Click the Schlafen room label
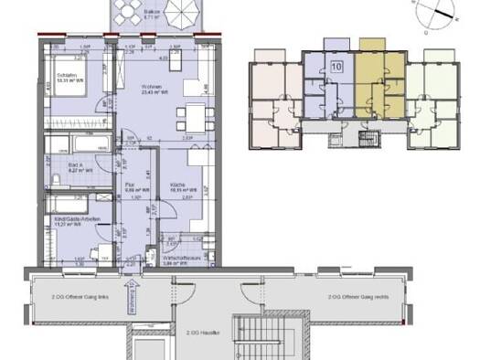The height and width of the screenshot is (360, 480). coord(62,76)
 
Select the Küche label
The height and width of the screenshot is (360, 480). coord(177,184)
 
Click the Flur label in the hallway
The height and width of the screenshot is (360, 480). coord(130,184)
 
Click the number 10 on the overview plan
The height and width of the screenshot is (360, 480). coord(336,67)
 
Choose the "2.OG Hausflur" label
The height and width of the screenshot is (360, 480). coord(200,334)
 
